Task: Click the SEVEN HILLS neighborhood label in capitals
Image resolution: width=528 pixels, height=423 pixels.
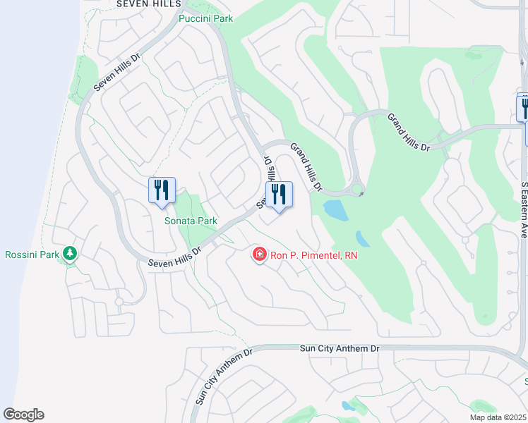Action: click(150, 4)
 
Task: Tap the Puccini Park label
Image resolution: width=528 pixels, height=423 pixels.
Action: click(205, 18)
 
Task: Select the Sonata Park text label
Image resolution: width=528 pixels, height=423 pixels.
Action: click(191, 221)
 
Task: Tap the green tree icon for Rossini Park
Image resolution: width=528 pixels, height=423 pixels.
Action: click(69, 252)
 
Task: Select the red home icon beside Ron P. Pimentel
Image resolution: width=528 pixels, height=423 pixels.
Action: click(260, 254)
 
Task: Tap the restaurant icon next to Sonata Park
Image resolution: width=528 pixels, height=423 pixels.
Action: click(162, 190)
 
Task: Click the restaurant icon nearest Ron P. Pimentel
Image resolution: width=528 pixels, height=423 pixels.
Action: click(279, 195)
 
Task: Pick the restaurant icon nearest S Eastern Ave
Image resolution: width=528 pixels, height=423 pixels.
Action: click(524, 108)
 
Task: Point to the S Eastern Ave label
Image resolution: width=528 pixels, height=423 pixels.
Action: click(523, 210)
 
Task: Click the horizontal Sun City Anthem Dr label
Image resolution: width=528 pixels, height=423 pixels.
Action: click(340, 348)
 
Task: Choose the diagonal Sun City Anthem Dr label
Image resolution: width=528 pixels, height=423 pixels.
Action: click(223, 376)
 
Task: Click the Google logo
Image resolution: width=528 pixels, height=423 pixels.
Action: click(23, 415)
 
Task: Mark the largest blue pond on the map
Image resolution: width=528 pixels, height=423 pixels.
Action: click(335, 209)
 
